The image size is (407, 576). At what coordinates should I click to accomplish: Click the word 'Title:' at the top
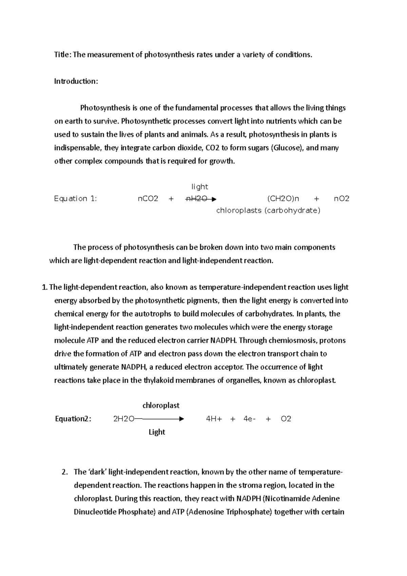click(63, 55)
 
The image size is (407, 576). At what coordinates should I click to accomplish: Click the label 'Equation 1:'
click(75, 199)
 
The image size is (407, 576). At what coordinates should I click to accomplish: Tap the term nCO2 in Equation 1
click(148, 199)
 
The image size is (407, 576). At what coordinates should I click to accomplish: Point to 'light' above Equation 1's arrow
click(200, 187)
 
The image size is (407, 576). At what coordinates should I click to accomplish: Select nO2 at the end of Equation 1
click(342, 199)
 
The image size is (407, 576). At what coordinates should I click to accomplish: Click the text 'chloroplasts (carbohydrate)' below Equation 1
click(268, 211)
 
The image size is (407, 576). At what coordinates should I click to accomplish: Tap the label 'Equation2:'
click(73, 419)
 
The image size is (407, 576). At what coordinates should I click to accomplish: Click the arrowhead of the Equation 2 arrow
click(181, 419)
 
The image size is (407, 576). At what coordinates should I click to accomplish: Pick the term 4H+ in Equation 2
click(214, 419)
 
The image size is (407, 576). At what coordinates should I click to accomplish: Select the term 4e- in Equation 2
click(249, 419)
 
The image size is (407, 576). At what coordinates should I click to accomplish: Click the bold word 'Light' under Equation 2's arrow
click(157, 432)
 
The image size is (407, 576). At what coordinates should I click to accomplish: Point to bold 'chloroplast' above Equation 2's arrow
click(161, 405)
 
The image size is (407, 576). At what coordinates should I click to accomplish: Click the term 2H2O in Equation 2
click(123, 419)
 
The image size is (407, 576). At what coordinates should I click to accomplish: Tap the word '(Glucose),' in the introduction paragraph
click(287, 148)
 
